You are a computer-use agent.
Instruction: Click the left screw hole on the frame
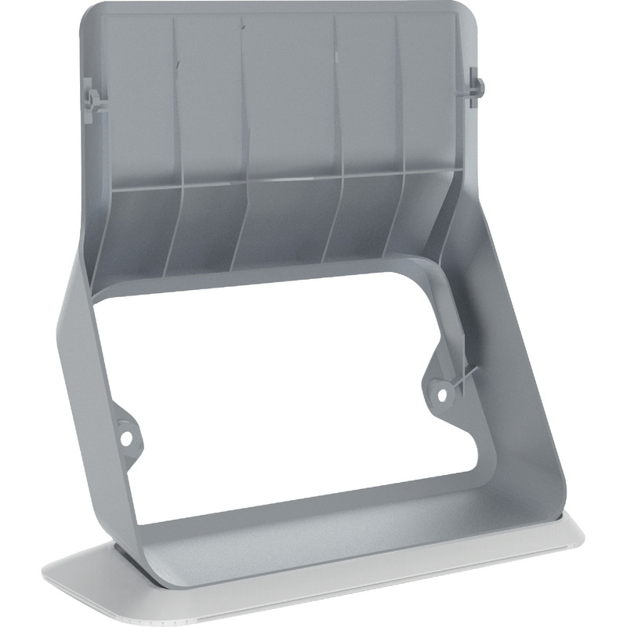click(124, 428)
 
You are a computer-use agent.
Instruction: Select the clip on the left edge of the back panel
click(90, 100)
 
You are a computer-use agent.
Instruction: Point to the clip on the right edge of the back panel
click(474, 86)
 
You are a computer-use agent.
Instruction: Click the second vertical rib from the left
click(241, 102)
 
